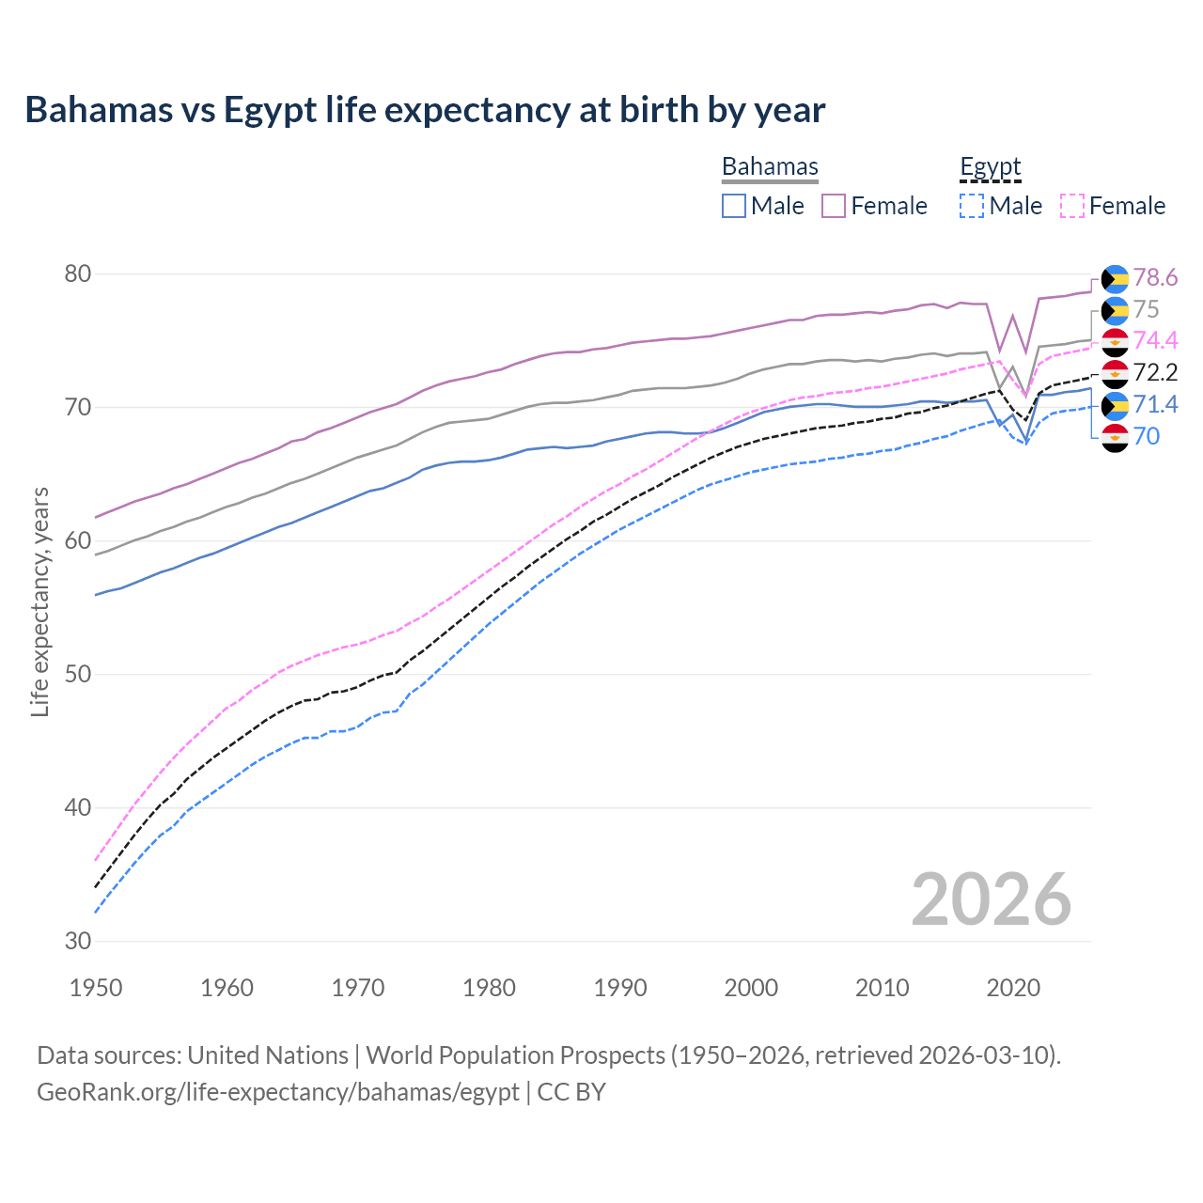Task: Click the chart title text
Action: pos(425,110)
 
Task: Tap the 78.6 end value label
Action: pos(1155,277)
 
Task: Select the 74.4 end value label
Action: pos(1155,340)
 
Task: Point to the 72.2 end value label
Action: pos(1155,372)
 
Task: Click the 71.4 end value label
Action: pos(1155,404)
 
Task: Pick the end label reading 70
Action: pos(1147,436)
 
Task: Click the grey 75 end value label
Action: pos(1146,309)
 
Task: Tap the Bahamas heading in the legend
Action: pos(770,166)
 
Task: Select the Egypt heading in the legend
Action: pos(990,166)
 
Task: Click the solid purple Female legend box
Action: pos(834,206)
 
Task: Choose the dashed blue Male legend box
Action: pos(972,206)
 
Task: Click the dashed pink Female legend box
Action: pos(1072,206)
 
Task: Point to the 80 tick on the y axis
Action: pos(77,274)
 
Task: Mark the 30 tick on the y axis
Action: pos(77,941)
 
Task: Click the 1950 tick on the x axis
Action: pos(96,988)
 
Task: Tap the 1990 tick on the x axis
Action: pos(620,988)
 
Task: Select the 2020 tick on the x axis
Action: pos(1013,988)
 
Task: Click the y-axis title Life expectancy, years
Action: pos(39,601)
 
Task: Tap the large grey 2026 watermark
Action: pos(991,899)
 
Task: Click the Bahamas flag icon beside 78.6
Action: pos(1115,278)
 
